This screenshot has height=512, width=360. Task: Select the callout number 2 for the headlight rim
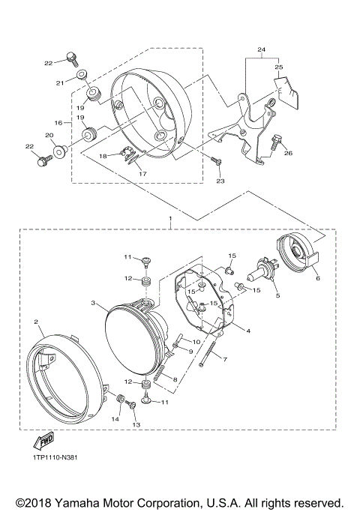click(x=35, y=321)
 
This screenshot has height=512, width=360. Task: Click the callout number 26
click(x=287, y=154)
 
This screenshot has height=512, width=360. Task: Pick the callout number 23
click(x=220, y=181)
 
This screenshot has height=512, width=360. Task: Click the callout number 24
click(x=261, y=51)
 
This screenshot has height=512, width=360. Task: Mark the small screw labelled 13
click(x=132, y=407)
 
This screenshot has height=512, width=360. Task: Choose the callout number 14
click(x=115, y=421)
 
